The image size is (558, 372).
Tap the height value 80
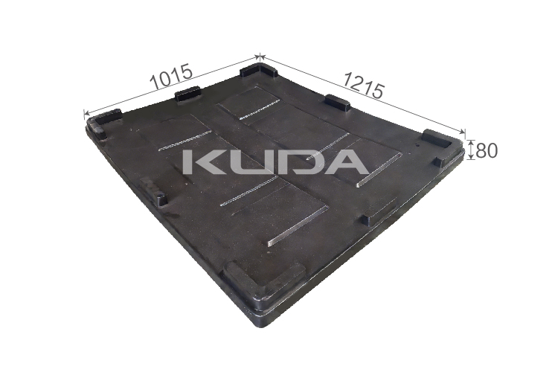click(486, 150)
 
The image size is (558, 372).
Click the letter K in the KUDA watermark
click(202, 161)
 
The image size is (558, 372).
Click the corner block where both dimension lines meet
click(259, 71)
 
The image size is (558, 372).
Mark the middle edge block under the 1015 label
click(187, 94)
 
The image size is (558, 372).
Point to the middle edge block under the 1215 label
click(338, 103)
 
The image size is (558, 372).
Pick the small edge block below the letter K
click(158, 196)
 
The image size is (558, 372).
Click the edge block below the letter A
click(378, 216)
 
